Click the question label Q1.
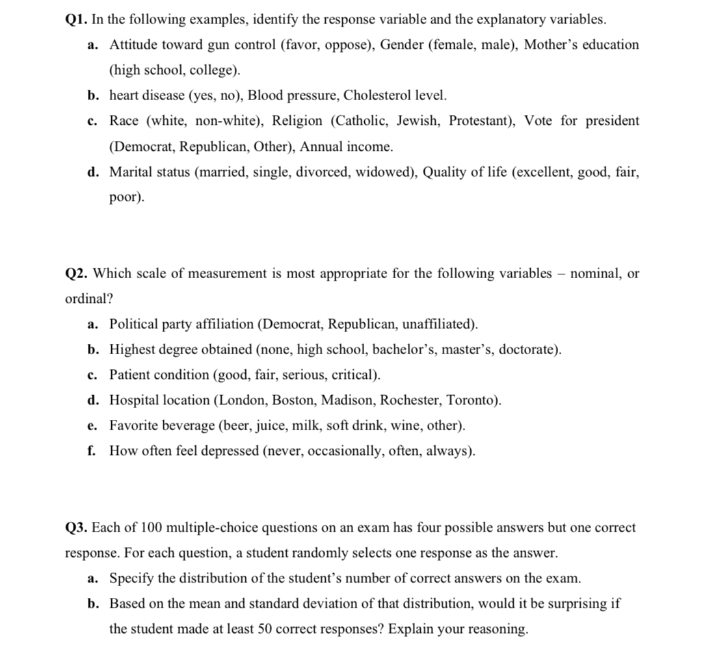click(x=77, y=19)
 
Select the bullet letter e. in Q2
click(x=92, y=426)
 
